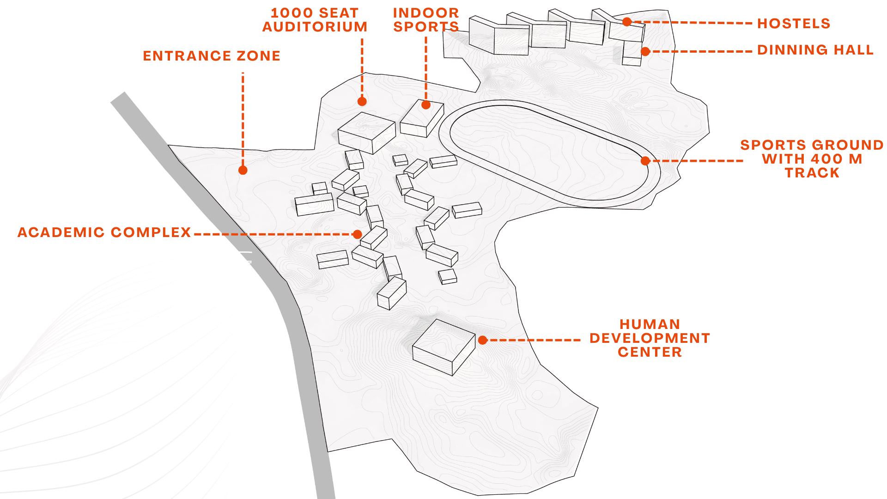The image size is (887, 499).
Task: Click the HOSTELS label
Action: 794,24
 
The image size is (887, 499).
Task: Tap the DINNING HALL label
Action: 815,50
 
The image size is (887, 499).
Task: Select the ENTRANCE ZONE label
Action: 212,56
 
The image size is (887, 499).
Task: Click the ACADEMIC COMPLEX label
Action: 104,232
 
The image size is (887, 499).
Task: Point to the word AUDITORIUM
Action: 315,27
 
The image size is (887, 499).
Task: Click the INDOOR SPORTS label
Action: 426,20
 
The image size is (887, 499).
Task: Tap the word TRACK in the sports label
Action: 812,173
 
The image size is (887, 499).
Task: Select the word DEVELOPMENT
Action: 650,338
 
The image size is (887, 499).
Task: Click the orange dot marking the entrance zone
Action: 243,170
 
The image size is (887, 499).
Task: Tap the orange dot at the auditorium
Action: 362,102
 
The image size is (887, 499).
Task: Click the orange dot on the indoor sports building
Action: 426,105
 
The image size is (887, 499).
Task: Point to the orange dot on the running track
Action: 645,161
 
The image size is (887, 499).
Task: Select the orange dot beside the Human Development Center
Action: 483,341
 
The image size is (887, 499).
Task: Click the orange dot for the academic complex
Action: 357,234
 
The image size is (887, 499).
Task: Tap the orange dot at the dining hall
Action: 645,52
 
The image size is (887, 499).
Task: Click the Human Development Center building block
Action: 443,347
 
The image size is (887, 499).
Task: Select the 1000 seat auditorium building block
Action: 367,133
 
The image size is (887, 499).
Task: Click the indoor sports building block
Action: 422,119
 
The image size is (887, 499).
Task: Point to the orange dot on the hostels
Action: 627,22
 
